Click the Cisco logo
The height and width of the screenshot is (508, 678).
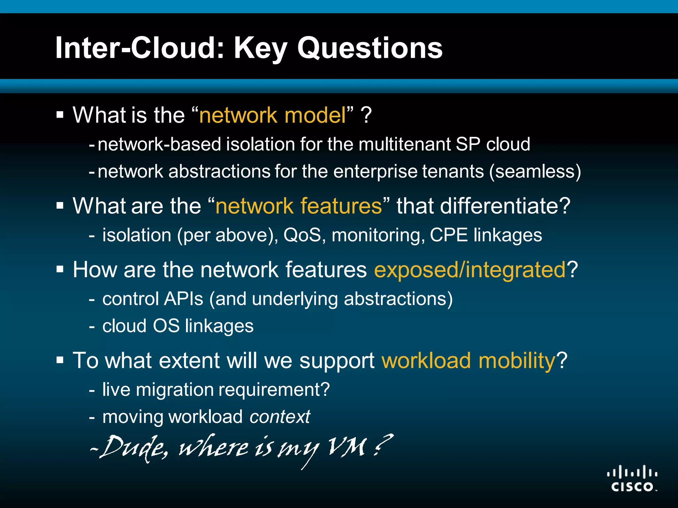coord(632,479)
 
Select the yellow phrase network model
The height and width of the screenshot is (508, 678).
coord(272,115)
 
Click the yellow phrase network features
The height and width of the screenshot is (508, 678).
coord(299,206)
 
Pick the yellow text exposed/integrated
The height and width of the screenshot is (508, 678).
coord(470,270)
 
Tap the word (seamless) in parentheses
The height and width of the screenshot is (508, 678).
coord(535,172)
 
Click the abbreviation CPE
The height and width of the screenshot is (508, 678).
coord(448,235)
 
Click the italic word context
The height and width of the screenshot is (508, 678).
coord(280,417)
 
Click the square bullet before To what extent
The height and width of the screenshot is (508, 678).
coord(60,360)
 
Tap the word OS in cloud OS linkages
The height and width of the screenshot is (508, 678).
coord(166,326)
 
